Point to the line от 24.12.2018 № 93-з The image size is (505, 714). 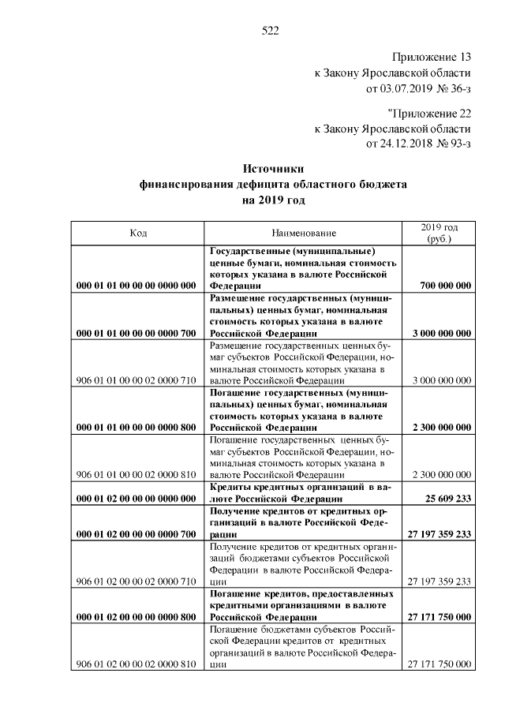[x=418, y=143]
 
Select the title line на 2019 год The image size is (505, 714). [x=272, y=200]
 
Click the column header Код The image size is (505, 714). [x=138, y=234]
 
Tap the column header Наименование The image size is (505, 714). [x=304, y=234]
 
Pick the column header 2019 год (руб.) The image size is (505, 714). [x=440, y=233]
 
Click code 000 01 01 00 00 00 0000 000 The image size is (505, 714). [x=136, y=286]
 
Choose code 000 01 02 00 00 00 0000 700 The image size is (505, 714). [x=136, y=534]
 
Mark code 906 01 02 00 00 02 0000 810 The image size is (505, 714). [x=136, y=664]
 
